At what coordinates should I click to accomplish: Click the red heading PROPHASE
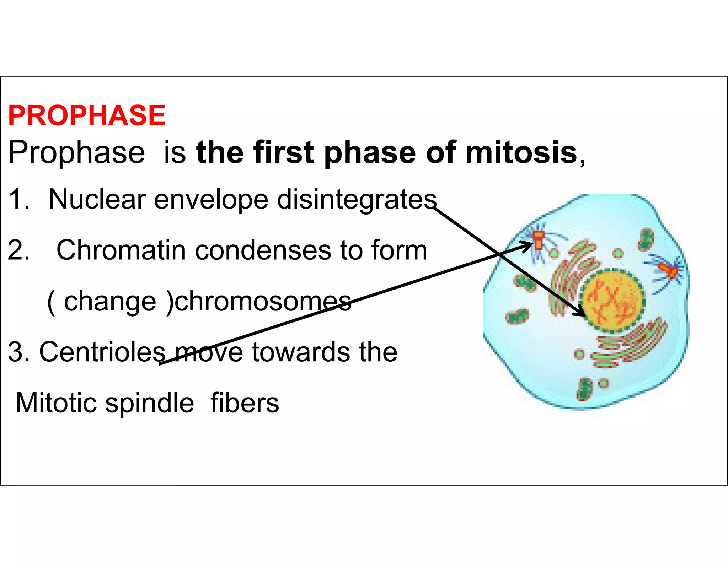point(87,116)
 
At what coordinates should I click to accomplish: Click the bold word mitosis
point(521,153)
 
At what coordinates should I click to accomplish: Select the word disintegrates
point(357,200)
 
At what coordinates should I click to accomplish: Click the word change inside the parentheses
point(109,301)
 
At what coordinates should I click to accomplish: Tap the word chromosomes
point(263,301)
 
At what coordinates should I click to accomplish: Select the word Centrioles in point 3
point(102,352)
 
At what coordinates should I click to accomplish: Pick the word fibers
point(245,403)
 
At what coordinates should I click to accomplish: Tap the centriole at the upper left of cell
point(539,240)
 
